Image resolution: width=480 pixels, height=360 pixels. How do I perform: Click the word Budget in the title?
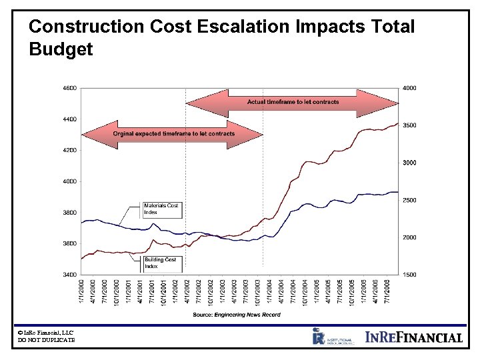point(61,50)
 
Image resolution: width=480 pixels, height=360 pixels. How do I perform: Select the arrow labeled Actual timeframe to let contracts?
point(293,102)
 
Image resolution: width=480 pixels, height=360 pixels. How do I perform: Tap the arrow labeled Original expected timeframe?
point(173,133)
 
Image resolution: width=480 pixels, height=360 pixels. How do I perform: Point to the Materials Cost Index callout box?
point(161,209)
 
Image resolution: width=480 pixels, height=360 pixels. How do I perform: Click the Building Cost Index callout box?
point(161,263)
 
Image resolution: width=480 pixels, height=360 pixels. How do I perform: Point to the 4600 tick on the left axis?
point(70,88)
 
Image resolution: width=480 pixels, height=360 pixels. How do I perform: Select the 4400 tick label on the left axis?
point(70,119)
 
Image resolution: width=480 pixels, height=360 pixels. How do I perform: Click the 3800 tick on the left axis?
point(70,213)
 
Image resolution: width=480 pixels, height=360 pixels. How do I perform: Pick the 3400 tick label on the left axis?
point(70,275)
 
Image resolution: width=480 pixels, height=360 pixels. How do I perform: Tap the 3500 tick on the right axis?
point(410,125)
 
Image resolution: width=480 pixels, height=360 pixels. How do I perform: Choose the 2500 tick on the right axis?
point(410,200)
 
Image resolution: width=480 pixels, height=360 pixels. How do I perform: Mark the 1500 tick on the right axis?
point(410,275)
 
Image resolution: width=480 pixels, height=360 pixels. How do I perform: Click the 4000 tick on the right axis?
point(410,88)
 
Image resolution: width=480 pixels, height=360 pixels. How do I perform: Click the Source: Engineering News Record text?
point(237,315)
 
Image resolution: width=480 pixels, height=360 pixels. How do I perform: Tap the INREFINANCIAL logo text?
point(413,337)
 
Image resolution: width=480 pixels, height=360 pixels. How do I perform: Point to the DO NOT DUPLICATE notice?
point(47,341)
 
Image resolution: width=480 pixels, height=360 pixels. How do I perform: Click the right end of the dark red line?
point(398,123)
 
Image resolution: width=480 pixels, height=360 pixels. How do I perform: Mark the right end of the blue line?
point(398,192)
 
